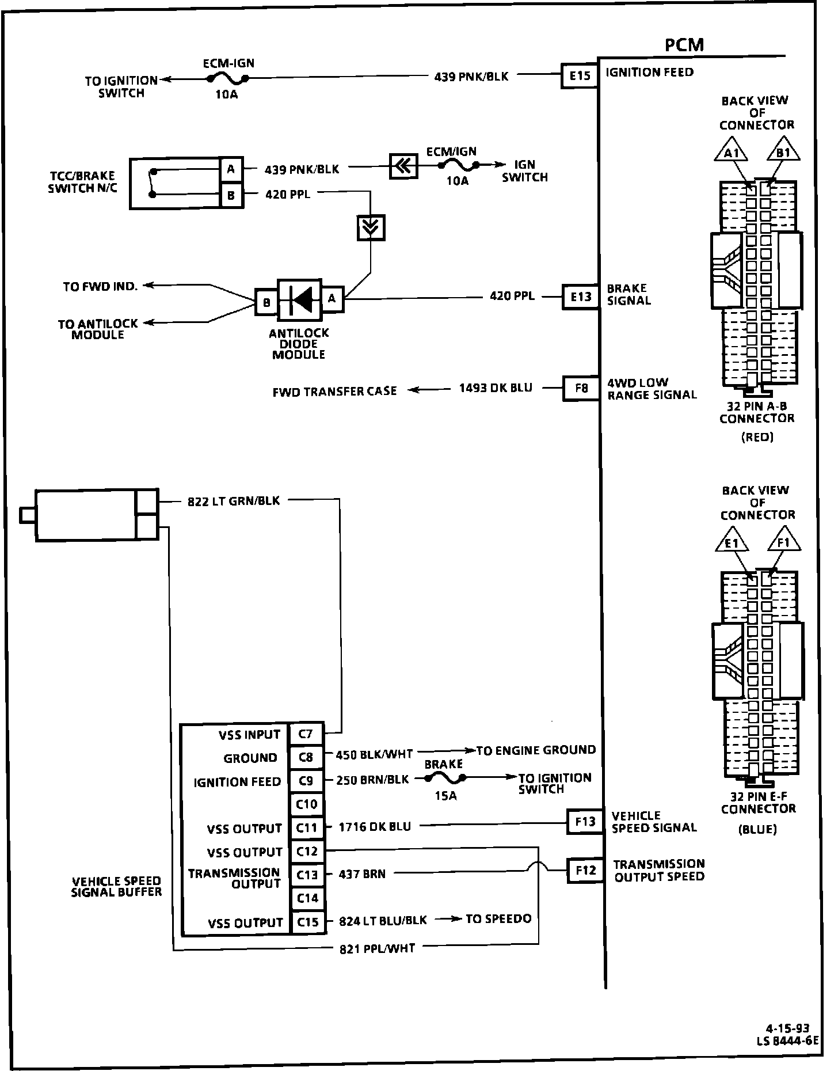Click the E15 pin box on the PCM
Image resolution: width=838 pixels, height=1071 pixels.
pos(580,76)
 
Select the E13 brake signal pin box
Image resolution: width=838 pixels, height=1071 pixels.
pos(581,297)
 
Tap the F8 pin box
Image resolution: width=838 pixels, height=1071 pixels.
pos(581,388)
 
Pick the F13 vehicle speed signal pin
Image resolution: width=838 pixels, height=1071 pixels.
pos(585,822)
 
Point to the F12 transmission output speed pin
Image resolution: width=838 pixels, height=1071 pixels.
pos(585,870)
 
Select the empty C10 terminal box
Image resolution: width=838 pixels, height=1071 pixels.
pos(307,804)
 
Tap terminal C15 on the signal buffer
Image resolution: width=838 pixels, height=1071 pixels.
pos(307,922)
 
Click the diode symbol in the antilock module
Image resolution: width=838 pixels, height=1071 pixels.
pos(300,299)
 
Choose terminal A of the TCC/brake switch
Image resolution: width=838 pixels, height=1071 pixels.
pos(231,169)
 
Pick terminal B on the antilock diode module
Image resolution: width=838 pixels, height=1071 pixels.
pos(266,302)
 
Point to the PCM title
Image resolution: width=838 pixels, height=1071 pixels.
pos(684,45)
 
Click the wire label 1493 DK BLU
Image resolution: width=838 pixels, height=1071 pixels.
pos(495,388)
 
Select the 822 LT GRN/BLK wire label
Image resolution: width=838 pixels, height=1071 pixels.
pos(234,501)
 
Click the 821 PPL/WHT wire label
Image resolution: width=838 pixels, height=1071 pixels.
pos(377,948)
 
